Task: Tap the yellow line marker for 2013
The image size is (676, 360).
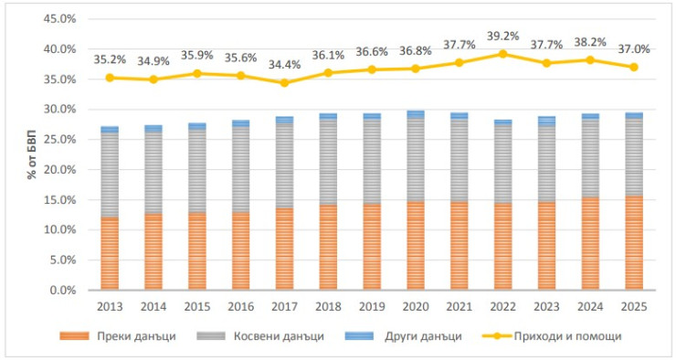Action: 110,78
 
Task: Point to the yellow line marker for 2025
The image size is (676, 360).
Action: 634,67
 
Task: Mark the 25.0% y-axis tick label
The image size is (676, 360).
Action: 62,140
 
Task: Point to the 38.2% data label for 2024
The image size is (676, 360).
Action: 590,44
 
